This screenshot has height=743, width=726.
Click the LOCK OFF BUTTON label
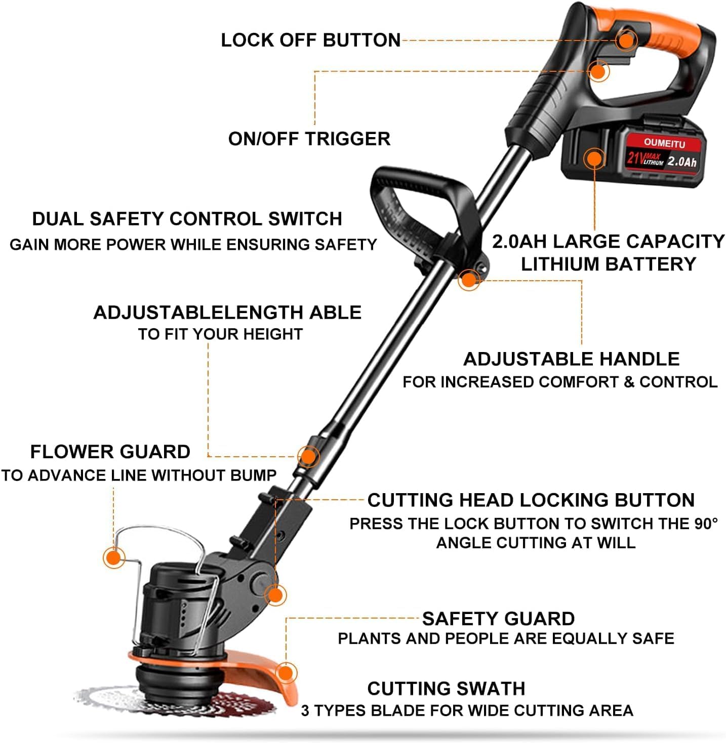[x=311, y=40]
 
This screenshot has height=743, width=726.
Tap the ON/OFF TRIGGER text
[x=309, y=139]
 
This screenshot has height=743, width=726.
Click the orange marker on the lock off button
[x=626, y=40]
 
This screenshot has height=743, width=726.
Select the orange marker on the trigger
[x=598, y=71]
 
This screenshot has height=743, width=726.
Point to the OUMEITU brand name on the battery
[x=664, y=143]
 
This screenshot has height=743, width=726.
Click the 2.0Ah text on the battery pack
[x=681, y=161]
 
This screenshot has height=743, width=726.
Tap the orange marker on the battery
[x=594, y=158]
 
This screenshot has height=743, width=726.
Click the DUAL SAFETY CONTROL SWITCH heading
[x=187, y=219]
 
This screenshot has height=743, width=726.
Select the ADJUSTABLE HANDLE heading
[x=571, y=359]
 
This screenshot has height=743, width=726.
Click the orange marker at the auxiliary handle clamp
[x=469, y=280]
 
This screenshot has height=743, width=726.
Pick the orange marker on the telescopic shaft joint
[x=308, y=456]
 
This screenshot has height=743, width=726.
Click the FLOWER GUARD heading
[x=110, y=452]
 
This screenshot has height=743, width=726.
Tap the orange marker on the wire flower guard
[x=114, y=557]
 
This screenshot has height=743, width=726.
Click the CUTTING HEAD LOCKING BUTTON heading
[x=531, y=500]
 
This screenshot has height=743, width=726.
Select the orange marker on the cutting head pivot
[x=275, y=594]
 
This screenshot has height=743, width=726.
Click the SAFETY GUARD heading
[x=498, y=619]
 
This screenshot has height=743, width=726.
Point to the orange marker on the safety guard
[x=286, y=673]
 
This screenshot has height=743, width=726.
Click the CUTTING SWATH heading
[x=447, y=689]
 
